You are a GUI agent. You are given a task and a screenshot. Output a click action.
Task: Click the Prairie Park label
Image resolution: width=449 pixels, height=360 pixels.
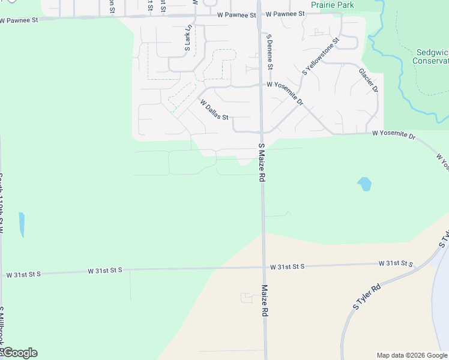click(333, 5)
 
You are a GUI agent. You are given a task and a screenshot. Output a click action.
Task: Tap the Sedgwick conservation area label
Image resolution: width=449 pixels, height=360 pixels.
click(432, 56)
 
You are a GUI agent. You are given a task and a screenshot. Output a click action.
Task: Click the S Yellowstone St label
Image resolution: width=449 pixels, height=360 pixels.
click(321, 56)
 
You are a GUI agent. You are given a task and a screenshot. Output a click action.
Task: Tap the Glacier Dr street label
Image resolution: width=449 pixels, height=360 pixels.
click(369, 80)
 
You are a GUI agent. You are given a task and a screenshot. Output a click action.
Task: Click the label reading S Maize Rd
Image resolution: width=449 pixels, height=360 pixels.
click(261, 162)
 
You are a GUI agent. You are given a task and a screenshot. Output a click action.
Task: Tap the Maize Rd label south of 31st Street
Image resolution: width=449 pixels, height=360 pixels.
click(264, 301)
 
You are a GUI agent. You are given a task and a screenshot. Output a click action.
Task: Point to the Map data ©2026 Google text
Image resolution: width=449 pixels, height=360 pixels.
click(411, 355)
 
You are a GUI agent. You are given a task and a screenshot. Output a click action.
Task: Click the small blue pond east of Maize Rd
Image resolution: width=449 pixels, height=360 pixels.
click(364, 184)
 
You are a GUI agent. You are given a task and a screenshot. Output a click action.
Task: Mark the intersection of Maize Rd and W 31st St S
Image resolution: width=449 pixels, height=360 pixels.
click(263, 268)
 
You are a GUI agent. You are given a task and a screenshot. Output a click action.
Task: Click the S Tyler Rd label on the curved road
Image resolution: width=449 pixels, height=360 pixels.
click(367, 297)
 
